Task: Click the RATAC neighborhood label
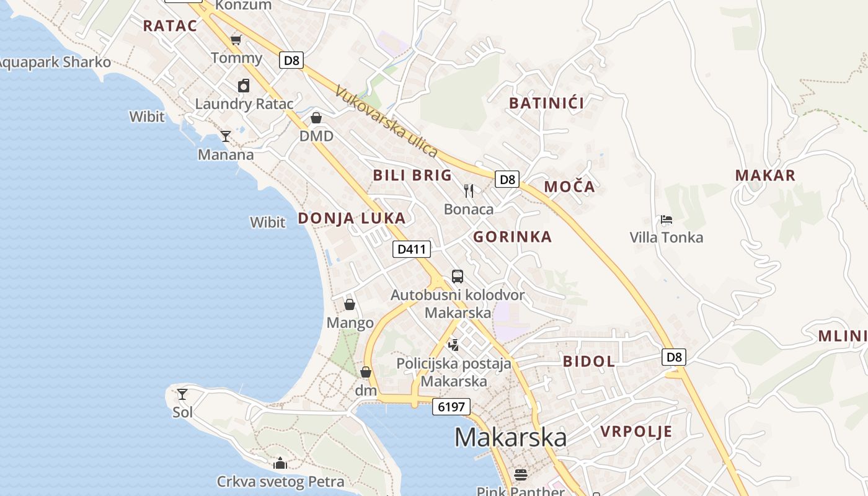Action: tap(169, 26)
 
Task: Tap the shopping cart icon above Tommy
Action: tap(236, 41)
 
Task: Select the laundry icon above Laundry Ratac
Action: tap(244, 86)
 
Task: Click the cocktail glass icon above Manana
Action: tap(226, 136)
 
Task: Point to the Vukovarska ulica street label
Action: tap(387, 122)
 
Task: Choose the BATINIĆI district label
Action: tap(546, 103)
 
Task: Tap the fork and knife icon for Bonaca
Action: tap(469, 191)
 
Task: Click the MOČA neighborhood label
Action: tap(569, 187)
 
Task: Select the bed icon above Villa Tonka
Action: tap(666, 219)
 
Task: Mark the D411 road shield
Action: tap(412, 249)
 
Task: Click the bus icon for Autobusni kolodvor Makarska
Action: tap(458, 277)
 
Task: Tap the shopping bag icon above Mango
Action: tap(350, 304)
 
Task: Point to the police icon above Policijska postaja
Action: tap(454, 345)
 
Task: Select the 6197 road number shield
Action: tap(451, 407)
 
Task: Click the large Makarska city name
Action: tap(510, 438)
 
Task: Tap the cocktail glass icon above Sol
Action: tap(182, 394)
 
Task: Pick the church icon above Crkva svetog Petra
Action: tap(280, 463)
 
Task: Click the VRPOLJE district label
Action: tap(636, 432)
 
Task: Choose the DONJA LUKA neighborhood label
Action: tap(352, 218)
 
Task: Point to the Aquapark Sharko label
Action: tap(55, 63)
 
